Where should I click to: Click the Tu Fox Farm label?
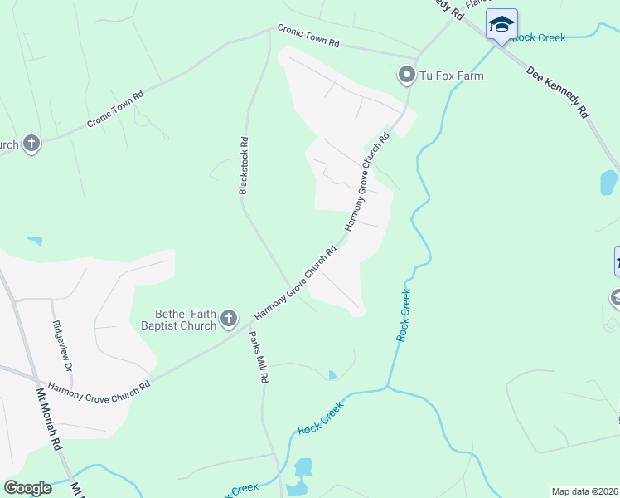click(x=451, y=76)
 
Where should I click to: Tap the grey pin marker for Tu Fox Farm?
click(x=406, y=76)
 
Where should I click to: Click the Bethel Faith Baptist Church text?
click(x=186, y=320)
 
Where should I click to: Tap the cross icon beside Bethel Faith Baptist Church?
click(x=229, y=319)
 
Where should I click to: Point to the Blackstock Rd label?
click(x=244, y=166)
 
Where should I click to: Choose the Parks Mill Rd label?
click(x=259, y=357)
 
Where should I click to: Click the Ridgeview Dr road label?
click(x=63, y=345)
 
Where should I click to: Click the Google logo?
click(x=27, y=488)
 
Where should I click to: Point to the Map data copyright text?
click(x=584, y=491)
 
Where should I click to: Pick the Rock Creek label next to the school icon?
click(x=539, y=37)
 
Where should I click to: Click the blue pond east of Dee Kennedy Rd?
click(x=608, y=182)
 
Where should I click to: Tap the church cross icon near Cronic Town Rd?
click(x=31, y=144)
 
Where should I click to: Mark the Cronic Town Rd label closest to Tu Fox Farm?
click(x=308, y=36)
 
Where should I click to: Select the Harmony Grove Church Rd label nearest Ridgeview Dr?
click(x=99, y=386)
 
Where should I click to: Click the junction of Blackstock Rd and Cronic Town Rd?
click(x=269, y=31)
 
